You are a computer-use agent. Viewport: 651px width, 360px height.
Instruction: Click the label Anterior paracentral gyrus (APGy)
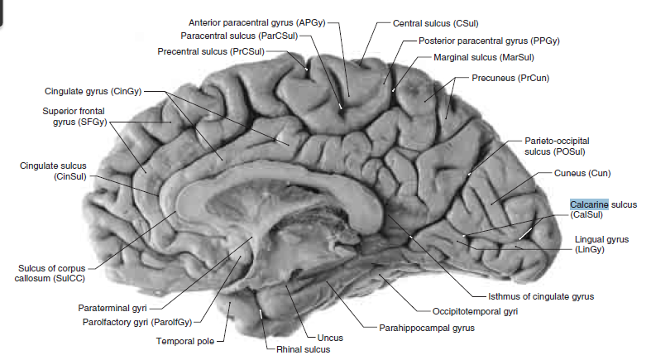click(258, 22)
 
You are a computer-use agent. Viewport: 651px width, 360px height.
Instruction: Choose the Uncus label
click(328, 338)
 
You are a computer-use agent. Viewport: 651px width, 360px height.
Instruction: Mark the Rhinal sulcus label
click(303, 349)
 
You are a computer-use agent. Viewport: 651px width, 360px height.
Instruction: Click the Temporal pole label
click(186, 340)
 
